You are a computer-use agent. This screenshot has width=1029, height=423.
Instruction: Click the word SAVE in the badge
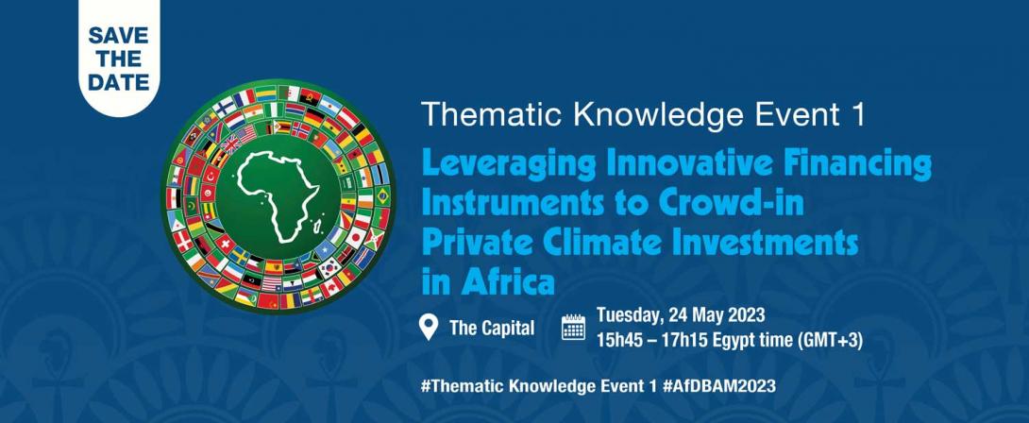(x=118, y=35)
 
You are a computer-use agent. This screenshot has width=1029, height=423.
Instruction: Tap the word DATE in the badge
(x=118, y=83)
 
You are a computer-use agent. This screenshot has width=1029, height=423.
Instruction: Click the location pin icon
(x=429, y=327)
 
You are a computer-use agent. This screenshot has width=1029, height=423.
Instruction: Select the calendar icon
(x=574, y=327)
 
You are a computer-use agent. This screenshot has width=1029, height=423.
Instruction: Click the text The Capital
(x=492, y=328)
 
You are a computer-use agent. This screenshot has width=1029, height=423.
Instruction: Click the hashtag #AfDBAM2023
(x=718, y=385)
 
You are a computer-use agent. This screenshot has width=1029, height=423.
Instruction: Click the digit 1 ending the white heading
(x=854, y=114)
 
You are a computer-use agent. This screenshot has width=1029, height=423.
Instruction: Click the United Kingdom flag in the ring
(x=231, y=144)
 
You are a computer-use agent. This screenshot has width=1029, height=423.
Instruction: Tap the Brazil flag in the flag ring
(x=382, y=195)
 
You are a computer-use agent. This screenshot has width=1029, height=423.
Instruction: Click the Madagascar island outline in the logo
(x=317, y=227)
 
